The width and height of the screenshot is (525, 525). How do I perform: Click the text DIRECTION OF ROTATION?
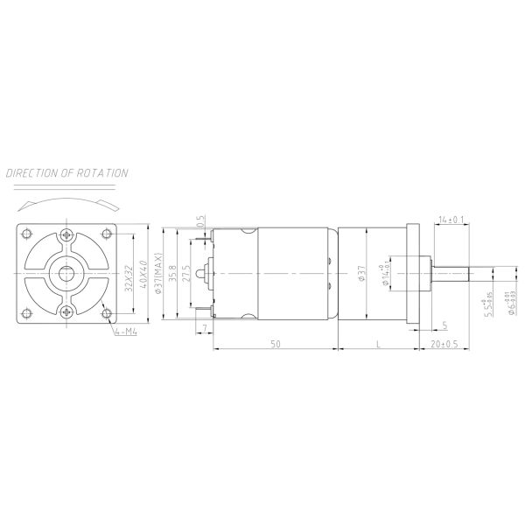[x=67, y=173]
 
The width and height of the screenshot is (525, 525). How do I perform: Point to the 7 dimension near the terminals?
[x=204, y=326]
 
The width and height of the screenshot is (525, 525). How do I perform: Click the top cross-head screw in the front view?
[x=67, y=235]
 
